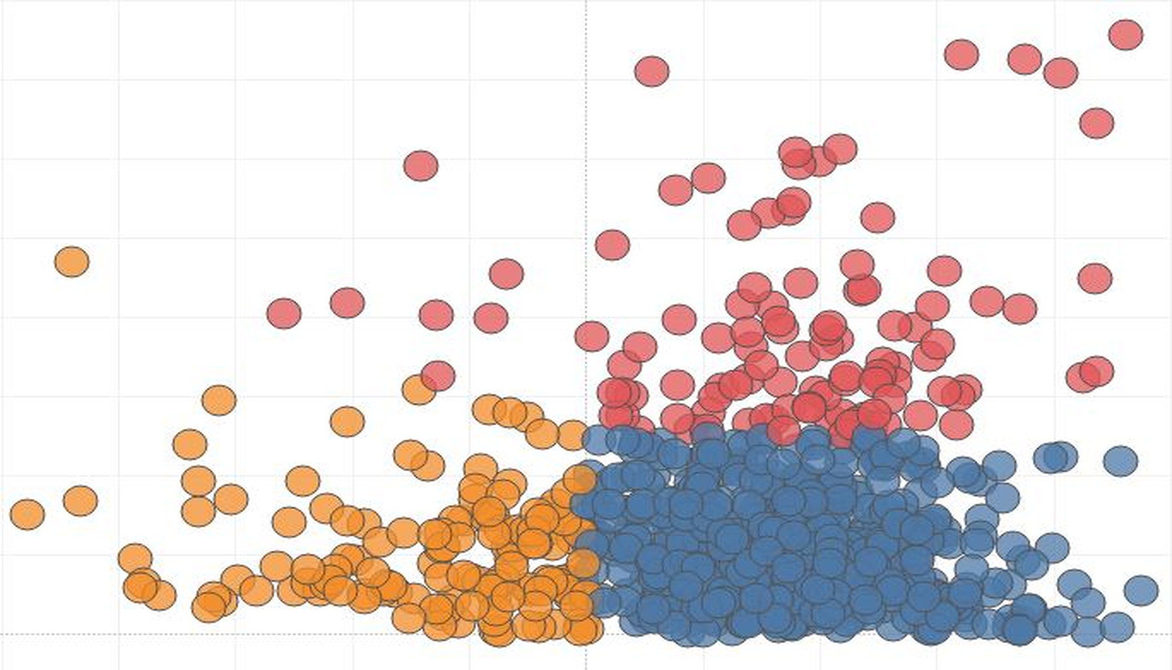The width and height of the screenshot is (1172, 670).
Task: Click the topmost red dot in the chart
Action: (x=1126, y=35)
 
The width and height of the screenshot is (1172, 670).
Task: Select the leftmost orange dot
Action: (x=27, y=514)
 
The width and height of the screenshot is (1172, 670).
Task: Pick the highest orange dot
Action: (x=72, y=262)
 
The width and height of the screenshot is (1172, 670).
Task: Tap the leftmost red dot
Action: (x=284, y=313)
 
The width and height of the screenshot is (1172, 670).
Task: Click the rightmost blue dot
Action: (x=1141, y=590)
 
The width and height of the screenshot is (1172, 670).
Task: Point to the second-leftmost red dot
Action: (x=347, y=303)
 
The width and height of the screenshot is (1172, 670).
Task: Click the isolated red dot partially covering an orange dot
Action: (x=438, y=376)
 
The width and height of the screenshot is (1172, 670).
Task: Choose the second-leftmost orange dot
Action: (x=80, y=501)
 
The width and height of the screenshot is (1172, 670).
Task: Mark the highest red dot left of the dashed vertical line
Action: (x=421, y=166)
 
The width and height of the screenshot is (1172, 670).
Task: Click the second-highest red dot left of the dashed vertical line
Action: (x=506, y=273)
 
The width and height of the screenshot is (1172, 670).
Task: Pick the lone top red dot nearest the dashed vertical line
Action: (x=651, y=71)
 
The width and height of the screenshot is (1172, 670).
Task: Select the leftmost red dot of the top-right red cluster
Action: (x=961, y=54)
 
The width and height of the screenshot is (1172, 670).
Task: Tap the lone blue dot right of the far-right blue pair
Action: (x=1120, y=461)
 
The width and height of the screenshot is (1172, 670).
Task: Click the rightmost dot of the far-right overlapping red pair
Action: (x=1097, y=371)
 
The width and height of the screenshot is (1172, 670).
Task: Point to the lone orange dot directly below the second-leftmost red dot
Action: (x=347, y=421)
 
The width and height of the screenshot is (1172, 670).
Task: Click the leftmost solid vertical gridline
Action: (x=119, y=196)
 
